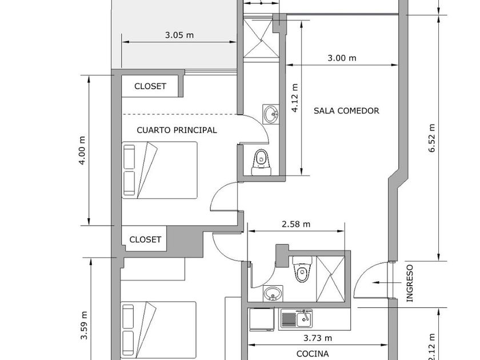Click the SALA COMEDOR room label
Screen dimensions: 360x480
pyautogui.click(x=346, y=111)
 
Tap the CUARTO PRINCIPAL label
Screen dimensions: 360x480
pyautogui.click(x=177, y=130)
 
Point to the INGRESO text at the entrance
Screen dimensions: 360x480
pyautogui.click(x=409, y=283)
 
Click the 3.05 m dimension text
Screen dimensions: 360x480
pyautogui.click(x=179, y=35)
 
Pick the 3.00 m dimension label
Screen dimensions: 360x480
pyautogui.click(x=342, y=58)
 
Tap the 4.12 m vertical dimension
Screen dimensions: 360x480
pyautogui.click(x=295, y=98)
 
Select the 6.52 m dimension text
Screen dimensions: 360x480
pyautogui.click(x=432, y=138)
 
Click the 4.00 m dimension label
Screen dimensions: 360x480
pyautogui.click(x=82, y=150)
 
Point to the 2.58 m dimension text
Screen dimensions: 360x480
pyautogui.click(x=296, y=224)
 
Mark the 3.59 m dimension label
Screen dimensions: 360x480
pyautogui.click(x=83, y=326)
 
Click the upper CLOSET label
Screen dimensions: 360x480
pyautogui.click(x=150, y=86)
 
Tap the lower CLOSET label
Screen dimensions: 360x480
pyautogui.click(x=145, y=239)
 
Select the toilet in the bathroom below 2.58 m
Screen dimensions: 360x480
pyautogui.click(x=300, y=271)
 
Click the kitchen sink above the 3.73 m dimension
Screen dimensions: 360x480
pyautogui.click(x=296, y=318)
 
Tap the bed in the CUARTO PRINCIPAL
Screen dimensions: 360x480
pyautogui.click(x=160, y=170)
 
